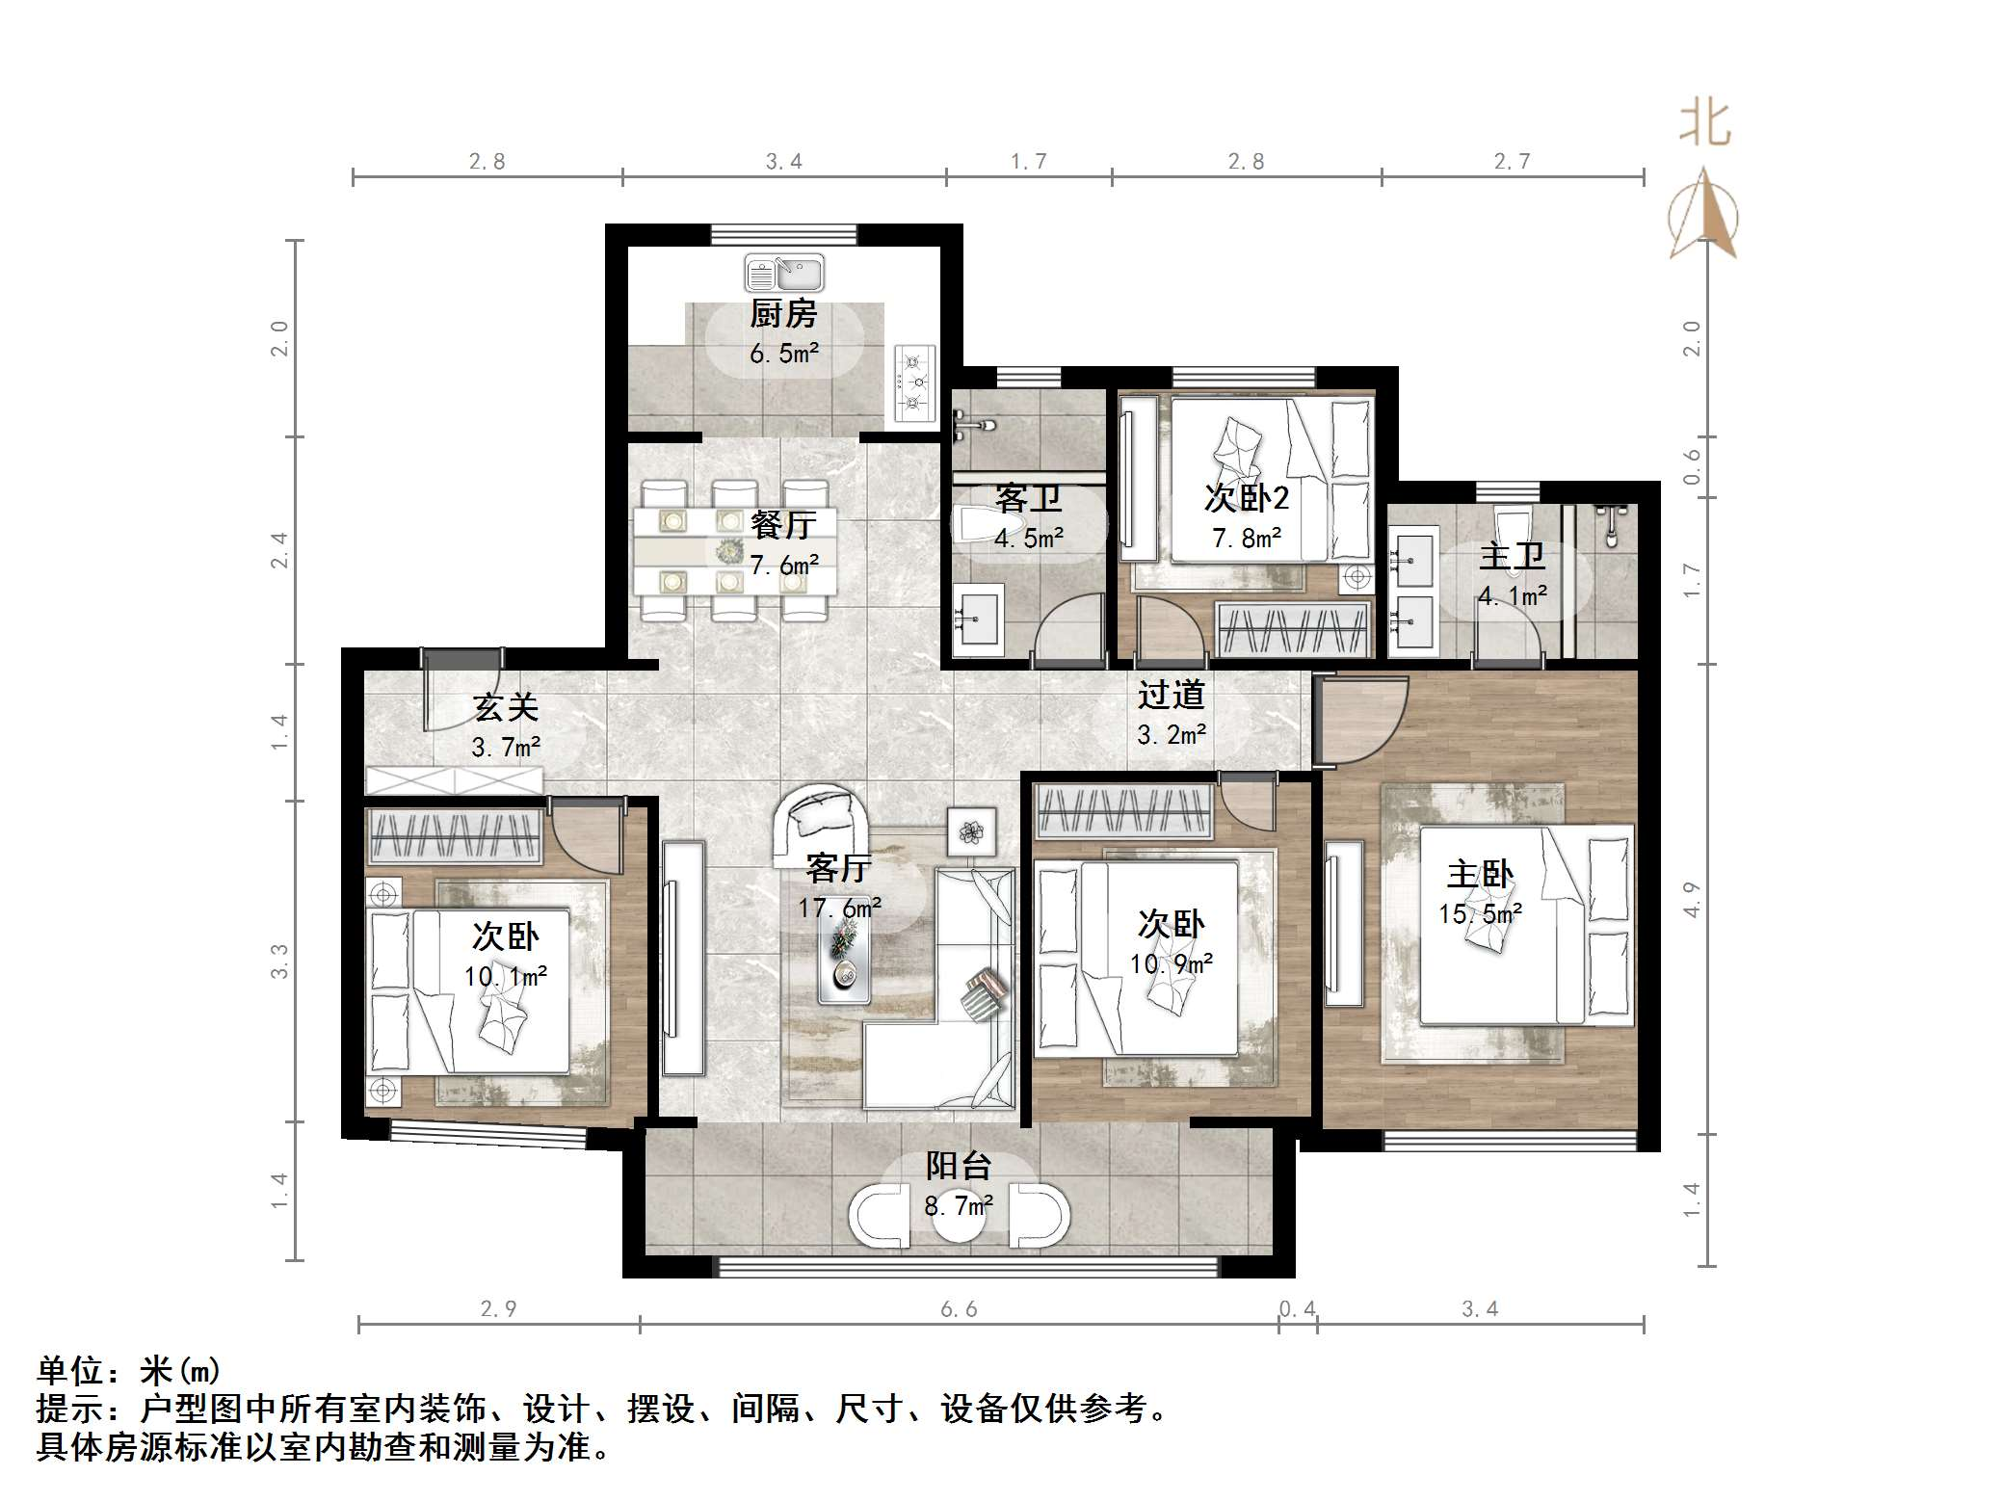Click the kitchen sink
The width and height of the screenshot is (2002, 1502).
pyautogui.click(x=783, y=273)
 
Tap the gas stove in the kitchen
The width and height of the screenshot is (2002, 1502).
pyautogui.click(x=914, y=382)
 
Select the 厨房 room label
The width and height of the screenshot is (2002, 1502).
pyautogui.click(x=783, y=314)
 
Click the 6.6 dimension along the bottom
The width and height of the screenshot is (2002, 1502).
pyautogui.click(x=959, y=1308)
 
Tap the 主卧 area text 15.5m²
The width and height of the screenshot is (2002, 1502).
pyautogui.click(x=1480, y=913)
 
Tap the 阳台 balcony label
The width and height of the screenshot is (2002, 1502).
pyautogui.click(x=959, y=1166)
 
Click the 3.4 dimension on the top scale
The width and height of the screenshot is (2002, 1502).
pyautogui.click(x=783, y=162)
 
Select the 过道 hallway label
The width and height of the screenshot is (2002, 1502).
pyautogui.click(x=1171, y=695)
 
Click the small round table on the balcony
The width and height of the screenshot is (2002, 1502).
pyautogui.click(x=959, y=1220)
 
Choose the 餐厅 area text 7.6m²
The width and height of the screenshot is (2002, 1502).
pyautogui.click(x=783, y=565)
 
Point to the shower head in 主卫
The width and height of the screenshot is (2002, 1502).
pyautogui.click(x=1612, y=526)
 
